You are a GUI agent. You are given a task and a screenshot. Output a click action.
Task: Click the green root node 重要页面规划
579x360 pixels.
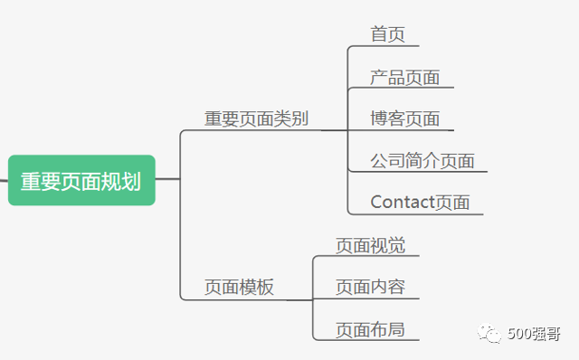click(81, 180)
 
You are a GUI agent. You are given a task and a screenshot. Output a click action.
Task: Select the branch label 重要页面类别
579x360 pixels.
click(257, 119)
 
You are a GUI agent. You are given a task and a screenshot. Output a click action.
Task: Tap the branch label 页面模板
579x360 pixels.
click(239, 288)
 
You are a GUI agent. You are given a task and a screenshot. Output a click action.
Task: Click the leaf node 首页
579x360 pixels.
click(387, 34)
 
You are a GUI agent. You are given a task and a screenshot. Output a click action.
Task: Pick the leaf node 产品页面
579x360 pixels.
click(404, 77)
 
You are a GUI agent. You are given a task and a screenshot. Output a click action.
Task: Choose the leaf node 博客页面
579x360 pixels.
click(404, 118)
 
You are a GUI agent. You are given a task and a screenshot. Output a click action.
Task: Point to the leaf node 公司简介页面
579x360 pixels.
click(422, 161)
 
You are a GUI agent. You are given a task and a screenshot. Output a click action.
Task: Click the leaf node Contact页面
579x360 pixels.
click(420, 202)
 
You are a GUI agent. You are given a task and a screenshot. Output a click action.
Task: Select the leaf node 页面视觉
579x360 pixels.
click(370, 245)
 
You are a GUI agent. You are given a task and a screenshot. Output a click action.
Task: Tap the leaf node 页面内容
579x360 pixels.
click(370, 287)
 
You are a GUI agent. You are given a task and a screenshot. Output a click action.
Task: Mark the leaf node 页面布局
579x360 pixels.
click(370, 329)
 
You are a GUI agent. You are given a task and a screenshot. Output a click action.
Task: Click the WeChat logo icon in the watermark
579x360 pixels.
click(492, 335)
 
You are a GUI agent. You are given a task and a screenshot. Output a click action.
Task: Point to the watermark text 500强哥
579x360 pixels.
click(534, 335)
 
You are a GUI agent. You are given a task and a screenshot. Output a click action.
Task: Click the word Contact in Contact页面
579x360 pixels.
click(403, 202)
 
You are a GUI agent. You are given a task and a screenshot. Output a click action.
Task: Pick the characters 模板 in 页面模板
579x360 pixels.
click(256, 288)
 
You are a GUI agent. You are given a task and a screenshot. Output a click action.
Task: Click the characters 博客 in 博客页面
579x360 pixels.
click(387, 118)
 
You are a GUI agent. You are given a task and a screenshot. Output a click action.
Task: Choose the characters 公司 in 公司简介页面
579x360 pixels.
click(387, 161)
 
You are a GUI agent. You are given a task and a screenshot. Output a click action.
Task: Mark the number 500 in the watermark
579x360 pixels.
click(520, 335)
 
